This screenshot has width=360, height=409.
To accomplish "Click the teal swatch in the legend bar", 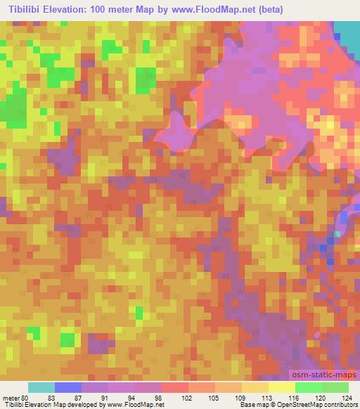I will point(41,387).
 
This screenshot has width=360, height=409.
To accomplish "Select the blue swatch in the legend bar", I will point(68,387).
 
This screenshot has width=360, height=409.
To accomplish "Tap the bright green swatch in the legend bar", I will point(309,387).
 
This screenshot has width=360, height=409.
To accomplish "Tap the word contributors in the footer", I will point(340,405).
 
